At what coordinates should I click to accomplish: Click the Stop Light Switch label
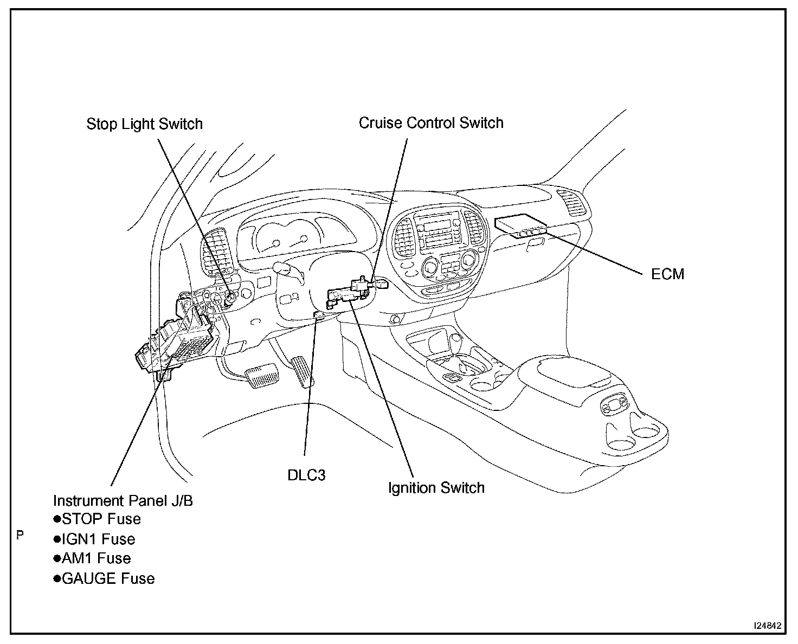[144, 124]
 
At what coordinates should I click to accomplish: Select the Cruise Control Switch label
[431, 123]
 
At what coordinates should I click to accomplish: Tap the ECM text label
[667, 274]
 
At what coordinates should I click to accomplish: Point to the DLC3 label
[306, 475]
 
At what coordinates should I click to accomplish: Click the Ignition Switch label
[436, 488]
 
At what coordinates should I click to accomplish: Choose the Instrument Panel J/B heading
[123, 500]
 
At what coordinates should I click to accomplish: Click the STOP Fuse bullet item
[98, 519]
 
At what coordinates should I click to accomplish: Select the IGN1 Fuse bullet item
[95, 539]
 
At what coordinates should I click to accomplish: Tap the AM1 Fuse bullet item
[93, 558]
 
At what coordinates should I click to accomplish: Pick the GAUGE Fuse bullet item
[104, 578]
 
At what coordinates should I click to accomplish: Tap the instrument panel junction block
[179, 342]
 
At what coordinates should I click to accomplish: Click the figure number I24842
[767, 626]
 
